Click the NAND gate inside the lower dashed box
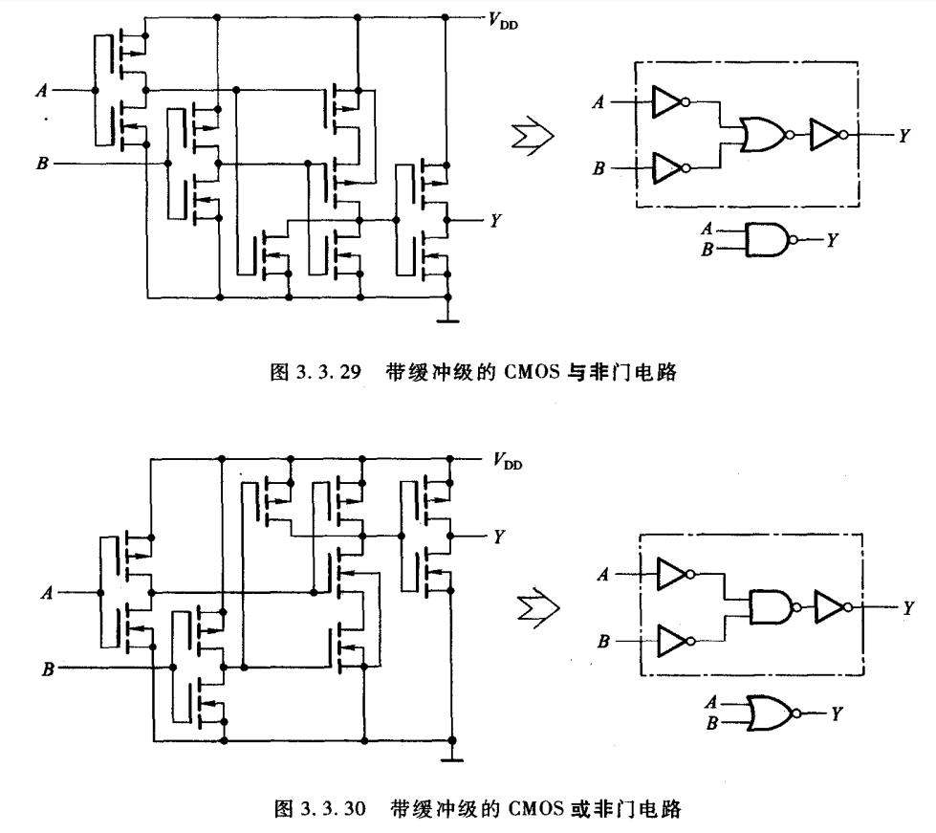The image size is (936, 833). click(772, 605)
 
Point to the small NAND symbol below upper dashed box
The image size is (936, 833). click(768, 239)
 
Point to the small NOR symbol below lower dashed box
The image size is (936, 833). click(770, 711)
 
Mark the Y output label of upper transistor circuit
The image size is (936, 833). click(495, 221)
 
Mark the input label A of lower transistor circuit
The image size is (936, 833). click(47, 592)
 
